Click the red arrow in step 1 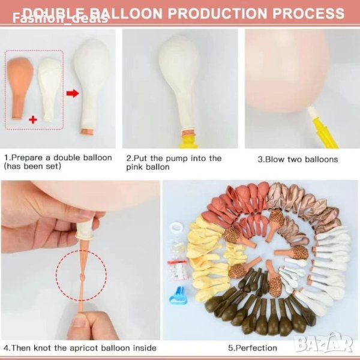point(73,94)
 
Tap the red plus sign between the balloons point(33,119)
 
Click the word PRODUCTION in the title point(217,13)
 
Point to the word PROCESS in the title point(308,13)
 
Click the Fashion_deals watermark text point(60,19)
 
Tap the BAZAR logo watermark point(323,343)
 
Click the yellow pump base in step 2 point(188,142)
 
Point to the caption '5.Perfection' point(253,348)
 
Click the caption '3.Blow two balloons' point(298,160)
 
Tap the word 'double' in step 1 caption point(67,158)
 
